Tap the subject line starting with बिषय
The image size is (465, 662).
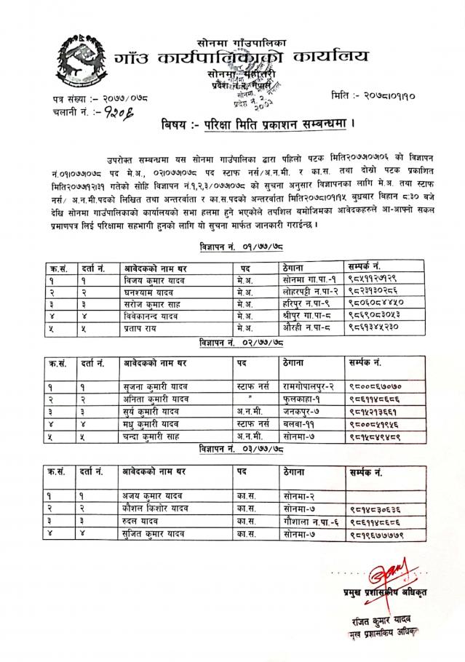pyautogui.click(x=258, y=124)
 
